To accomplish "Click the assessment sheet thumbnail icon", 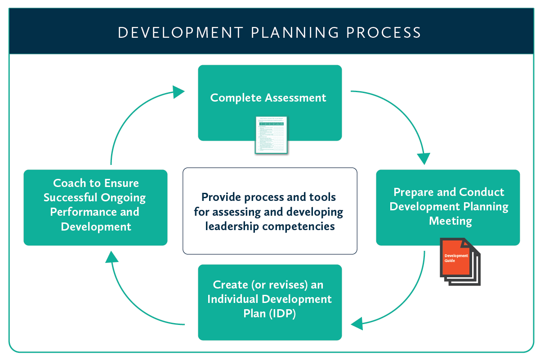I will [271, 135].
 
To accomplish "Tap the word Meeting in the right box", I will [450, 221].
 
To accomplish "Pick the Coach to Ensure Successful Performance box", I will [95, 207].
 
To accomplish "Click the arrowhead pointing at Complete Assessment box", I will [179, 92].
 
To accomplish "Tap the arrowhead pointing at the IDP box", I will [357, 322].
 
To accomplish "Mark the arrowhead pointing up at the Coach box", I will [112, 257].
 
